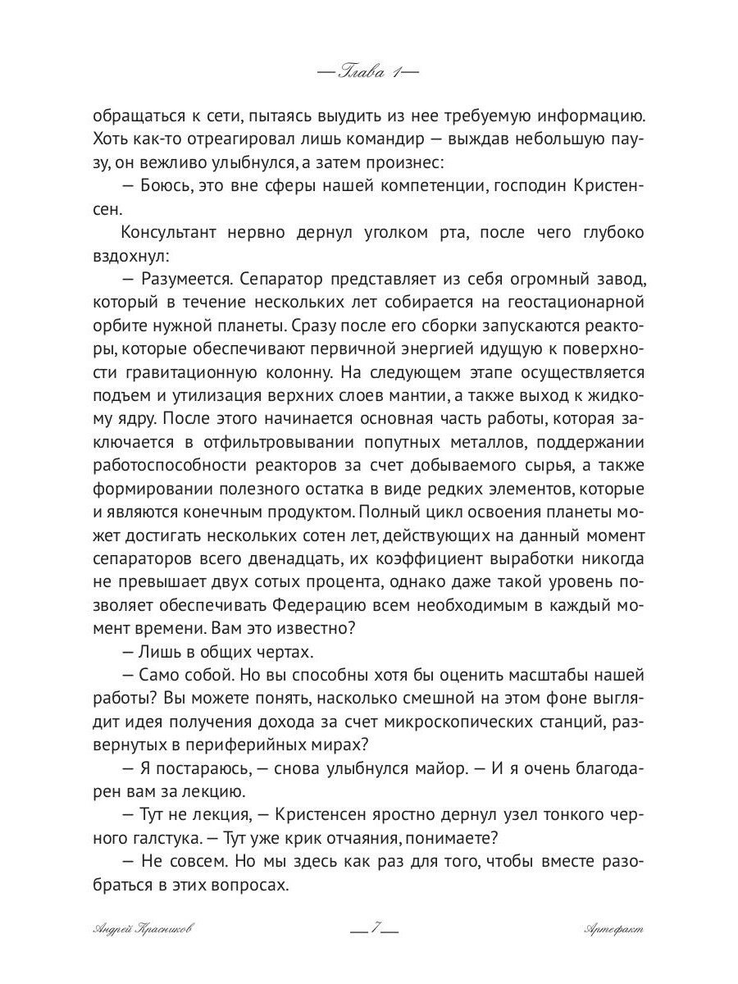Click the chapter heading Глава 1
(368, 72)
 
